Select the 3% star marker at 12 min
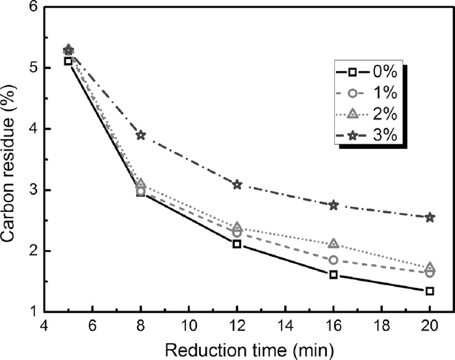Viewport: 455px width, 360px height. (237, 185)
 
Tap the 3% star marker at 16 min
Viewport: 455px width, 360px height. (333, 205)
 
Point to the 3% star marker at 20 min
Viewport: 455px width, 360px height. (430, 217)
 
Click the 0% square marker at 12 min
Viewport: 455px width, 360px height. (237, 244)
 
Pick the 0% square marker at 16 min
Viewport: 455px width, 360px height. (333, 275)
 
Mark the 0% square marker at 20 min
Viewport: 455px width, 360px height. (430, 291)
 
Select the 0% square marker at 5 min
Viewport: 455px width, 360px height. (68, 61)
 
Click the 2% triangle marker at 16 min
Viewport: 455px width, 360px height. (333, 244)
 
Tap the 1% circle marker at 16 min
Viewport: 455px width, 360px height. (333, 260)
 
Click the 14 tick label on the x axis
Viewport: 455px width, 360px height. (285, 326)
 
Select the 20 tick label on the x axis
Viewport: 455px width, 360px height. (430, 326)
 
